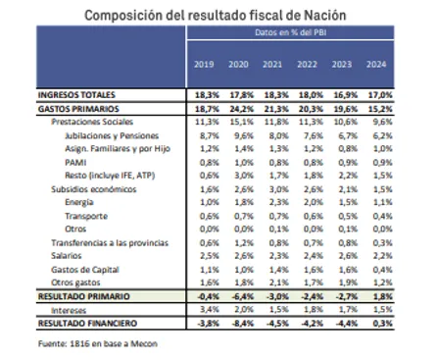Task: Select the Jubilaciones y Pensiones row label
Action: pos(101,130)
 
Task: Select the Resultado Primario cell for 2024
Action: pos(404,294)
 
